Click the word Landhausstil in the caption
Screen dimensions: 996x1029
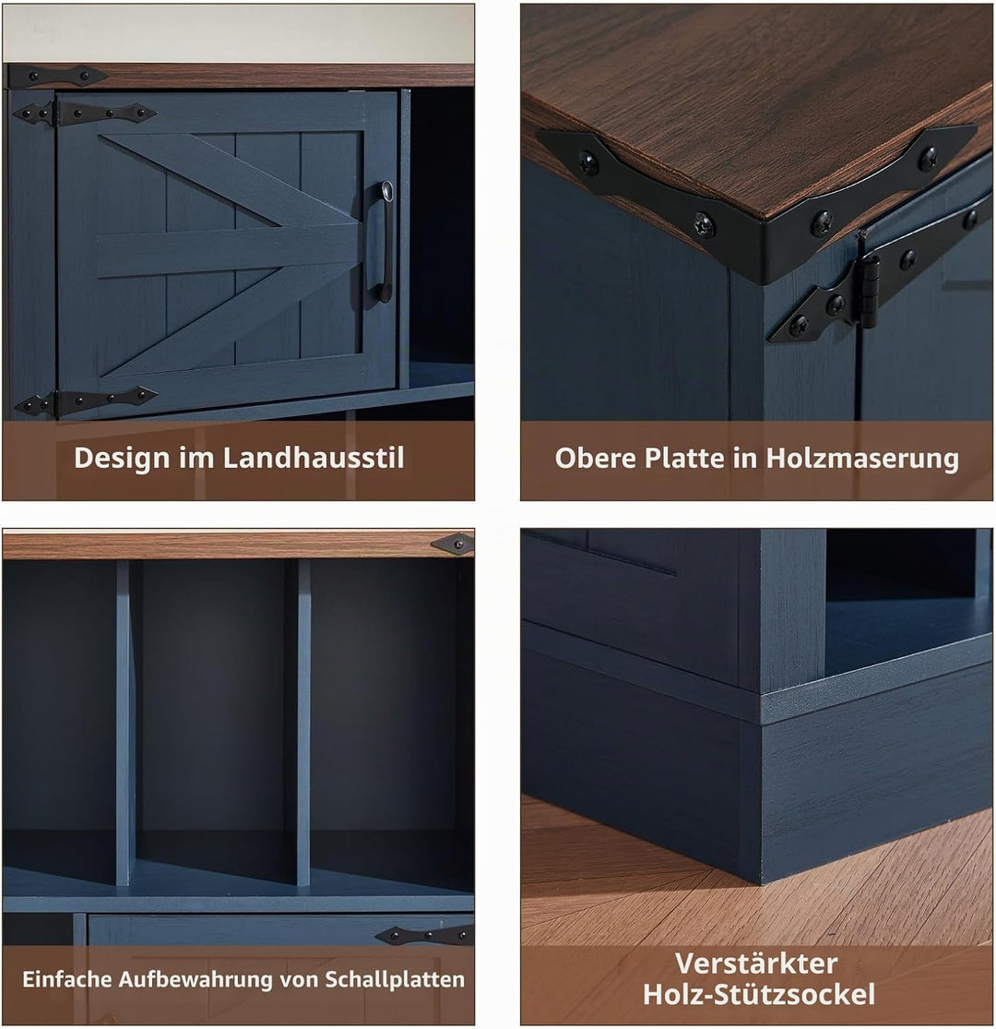point(314,458)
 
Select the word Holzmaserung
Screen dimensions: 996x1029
point(861,459)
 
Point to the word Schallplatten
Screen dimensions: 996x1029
point(395,980)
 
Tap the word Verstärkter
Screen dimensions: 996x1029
point(756,963)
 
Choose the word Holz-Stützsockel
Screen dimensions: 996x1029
point(759,994)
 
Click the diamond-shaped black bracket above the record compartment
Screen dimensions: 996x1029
point(453,544)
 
